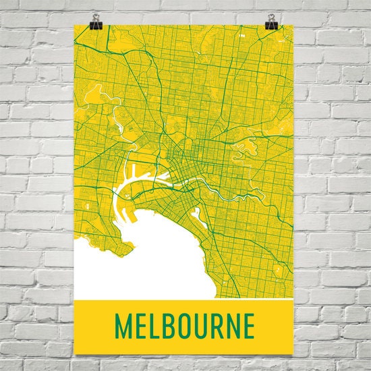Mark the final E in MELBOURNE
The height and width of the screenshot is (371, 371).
click(x=251, y=326)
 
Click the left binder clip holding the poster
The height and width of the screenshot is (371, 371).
click(x=94, y=26)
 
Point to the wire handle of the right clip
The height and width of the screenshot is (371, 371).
click(x=272, y=17)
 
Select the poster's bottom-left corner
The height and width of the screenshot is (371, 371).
click(x=74, y=354)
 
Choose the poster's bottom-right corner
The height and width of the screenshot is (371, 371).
click(x=293, y=354)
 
